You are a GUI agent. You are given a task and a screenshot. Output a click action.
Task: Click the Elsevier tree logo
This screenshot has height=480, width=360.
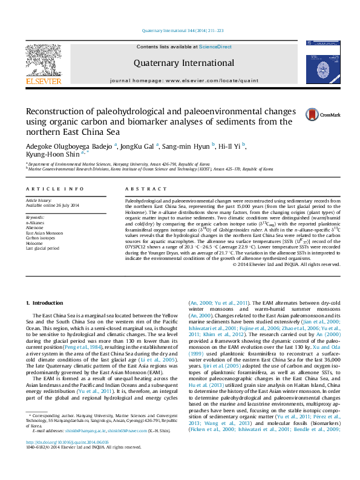tap(43, 62)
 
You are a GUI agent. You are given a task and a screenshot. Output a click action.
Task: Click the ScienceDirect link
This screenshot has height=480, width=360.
tap(215, 47)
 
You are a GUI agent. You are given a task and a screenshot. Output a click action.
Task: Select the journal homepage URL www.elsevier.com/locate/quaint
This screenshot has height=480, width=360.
tap(209, 80)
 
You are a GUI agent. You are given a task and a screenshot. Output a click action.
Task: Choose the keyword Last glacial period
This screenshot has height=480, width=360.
tap(42, 248)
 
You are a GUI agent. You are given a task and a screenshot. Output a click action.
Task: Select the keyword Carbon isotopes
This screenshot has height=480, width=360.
tap(41, 238)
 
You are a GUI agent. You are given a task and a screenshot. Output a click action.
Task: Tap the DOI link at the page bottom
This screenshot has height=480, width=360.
tap(62, 458)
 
